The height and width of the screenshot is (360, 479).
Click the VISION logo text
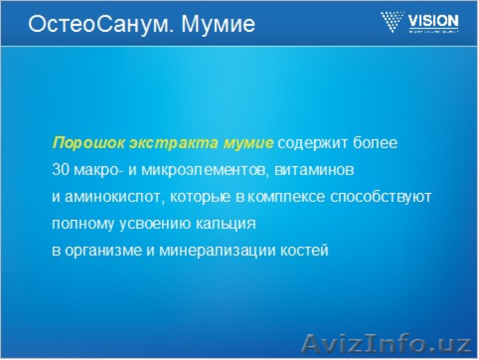433,22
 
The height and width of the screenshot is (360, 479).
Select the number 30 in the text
61,170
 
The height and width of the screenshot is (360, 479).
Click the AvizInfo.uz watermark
386,343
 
